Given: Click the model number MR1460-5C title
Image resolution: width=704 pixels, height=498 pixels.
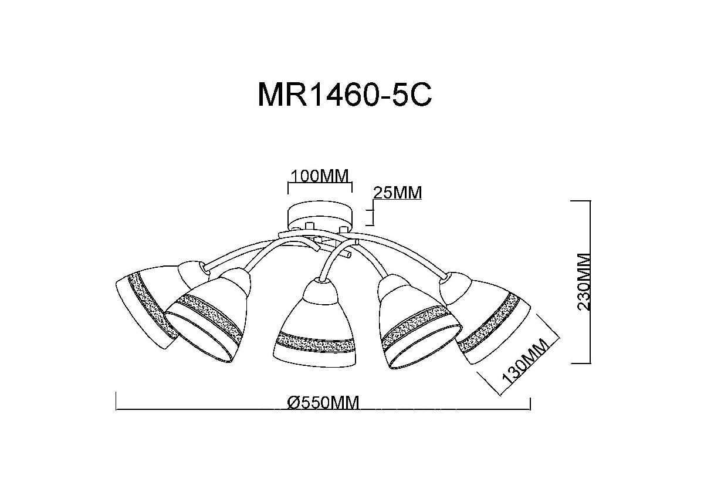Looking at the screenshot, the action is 345,95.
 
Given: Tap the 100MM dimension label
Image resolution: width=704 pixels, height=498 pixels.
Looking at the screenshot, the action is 320,176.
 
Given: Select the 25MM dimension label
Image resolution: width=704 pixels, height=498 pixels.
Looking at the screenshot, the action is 397,193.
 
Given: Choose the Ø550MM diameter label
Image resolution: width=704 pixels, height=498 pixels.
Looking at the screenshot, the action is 323,403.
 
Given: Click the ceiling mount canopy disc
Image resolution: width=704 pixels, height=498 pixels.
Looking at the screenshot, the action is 320,217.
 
